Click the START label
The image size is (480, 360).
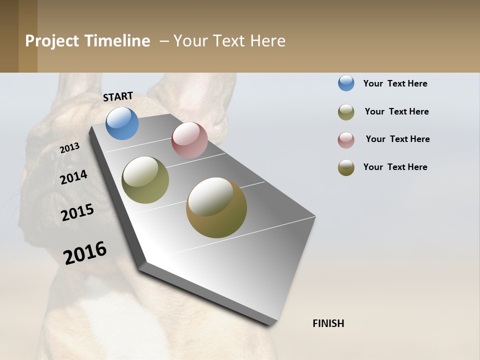tap(118, 96)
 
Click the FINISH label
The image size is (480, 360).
tap(328, 323)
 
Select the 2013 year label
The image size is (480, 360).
tap(70, 148)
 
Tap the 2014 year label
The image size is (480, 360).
tap(74, 177)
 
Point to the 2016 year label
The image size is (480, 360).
tap(85, 253)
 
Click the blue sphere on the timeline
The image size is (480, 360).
tap(122, 123)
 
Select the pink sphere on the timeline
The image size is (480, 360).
tap(189, 140)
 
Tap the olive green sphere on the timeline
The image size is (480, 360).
tap(145, 180)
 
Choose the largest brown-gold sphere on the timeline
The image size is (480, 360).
tap(216, 207)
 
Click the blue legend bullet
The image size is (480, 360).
tap(346, 83)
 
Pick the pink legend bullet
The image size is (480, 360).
tap(346, 140)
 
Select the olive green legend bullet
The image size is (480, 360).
tap(346, 112)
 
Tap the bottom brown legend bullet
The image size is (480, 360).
tap(346, 167)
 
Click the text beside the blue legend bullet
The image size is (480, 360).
tap(395, 83)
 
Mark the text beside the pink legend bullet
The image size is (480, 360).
tap(397, 139)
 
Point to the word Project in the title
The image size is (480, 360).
tap(52, 41)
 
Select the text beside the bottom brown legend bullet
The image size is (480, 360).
tap(395, 167)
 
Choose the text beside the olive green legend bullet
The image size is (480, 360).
tap(396, 111)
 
